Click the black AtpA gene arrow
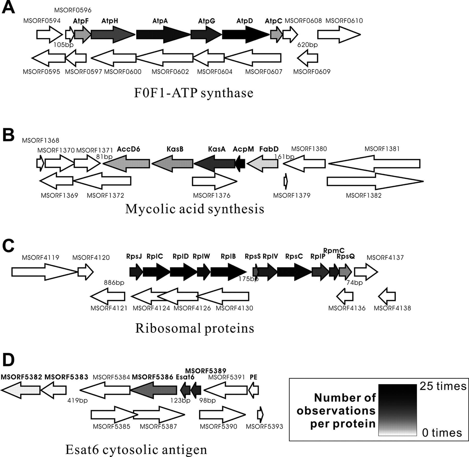pos(163,34)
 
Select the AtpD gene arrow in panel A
pos(245,34)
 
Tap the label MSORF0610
pos(344,21)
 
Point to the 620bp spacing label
pos(307,45)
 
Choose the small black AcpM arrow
pos(240,164)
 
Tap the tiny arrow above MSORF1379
pos(286,181)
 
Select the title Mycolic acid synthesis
pos(195,209)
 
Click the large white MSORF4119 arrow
pos(44,272)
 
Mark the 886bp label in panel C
pos(114,283)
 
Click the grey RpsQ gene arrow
pos(345,272)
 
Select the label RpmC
pos(334,251)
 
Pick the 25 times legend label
pos(443,386)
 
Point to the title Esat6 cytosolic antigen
pos(136,449)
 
